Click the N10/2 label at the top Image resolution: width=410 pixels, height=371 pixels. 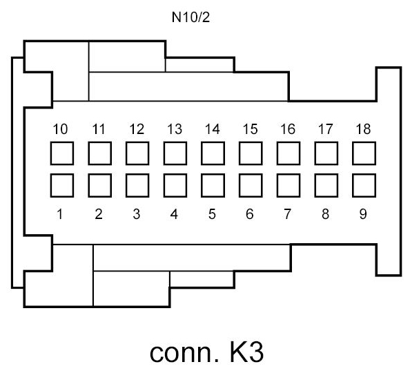coord(190,17)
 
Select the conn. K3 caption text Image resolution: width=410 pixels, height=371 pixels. coord(206,351)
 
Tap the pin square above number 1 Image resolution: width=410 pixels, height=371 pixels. coord(61,185)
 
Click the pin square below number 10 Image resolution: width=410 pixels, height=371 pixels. coord(61,153)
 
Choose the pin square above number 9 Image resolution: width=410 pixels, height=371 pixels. coord(363,185)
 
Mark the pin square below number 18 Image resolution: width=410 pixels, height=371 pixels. coord(363,153)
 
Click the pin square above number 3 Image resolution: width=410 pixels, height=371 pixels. coord(137,185)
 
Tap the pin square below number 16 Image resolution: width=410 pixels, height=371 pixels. coord(288,153)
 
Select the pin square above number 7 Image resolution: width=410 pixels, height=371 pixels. coord(288,185)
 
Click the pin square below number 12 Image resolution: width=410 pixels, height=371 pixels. coord(137,153)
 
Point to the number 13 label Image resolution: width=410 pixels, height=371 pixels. coord(174,129)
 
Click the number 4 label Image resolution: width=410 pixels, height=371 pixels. coord(174,214)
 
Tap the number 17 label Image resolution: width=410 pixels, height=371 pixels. coord(325,129)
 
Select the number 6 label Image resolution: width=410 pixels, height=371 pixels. coord(250,214)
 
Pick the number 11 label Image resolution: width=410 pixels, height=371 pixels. coord(99,129)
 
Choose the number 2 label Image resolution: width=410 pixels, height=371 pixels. coord(99,214)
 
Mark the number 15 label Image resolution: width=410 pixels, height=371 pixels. coord(250,129)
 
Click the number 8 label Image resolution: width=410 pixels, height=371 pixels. coord(325,214)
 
